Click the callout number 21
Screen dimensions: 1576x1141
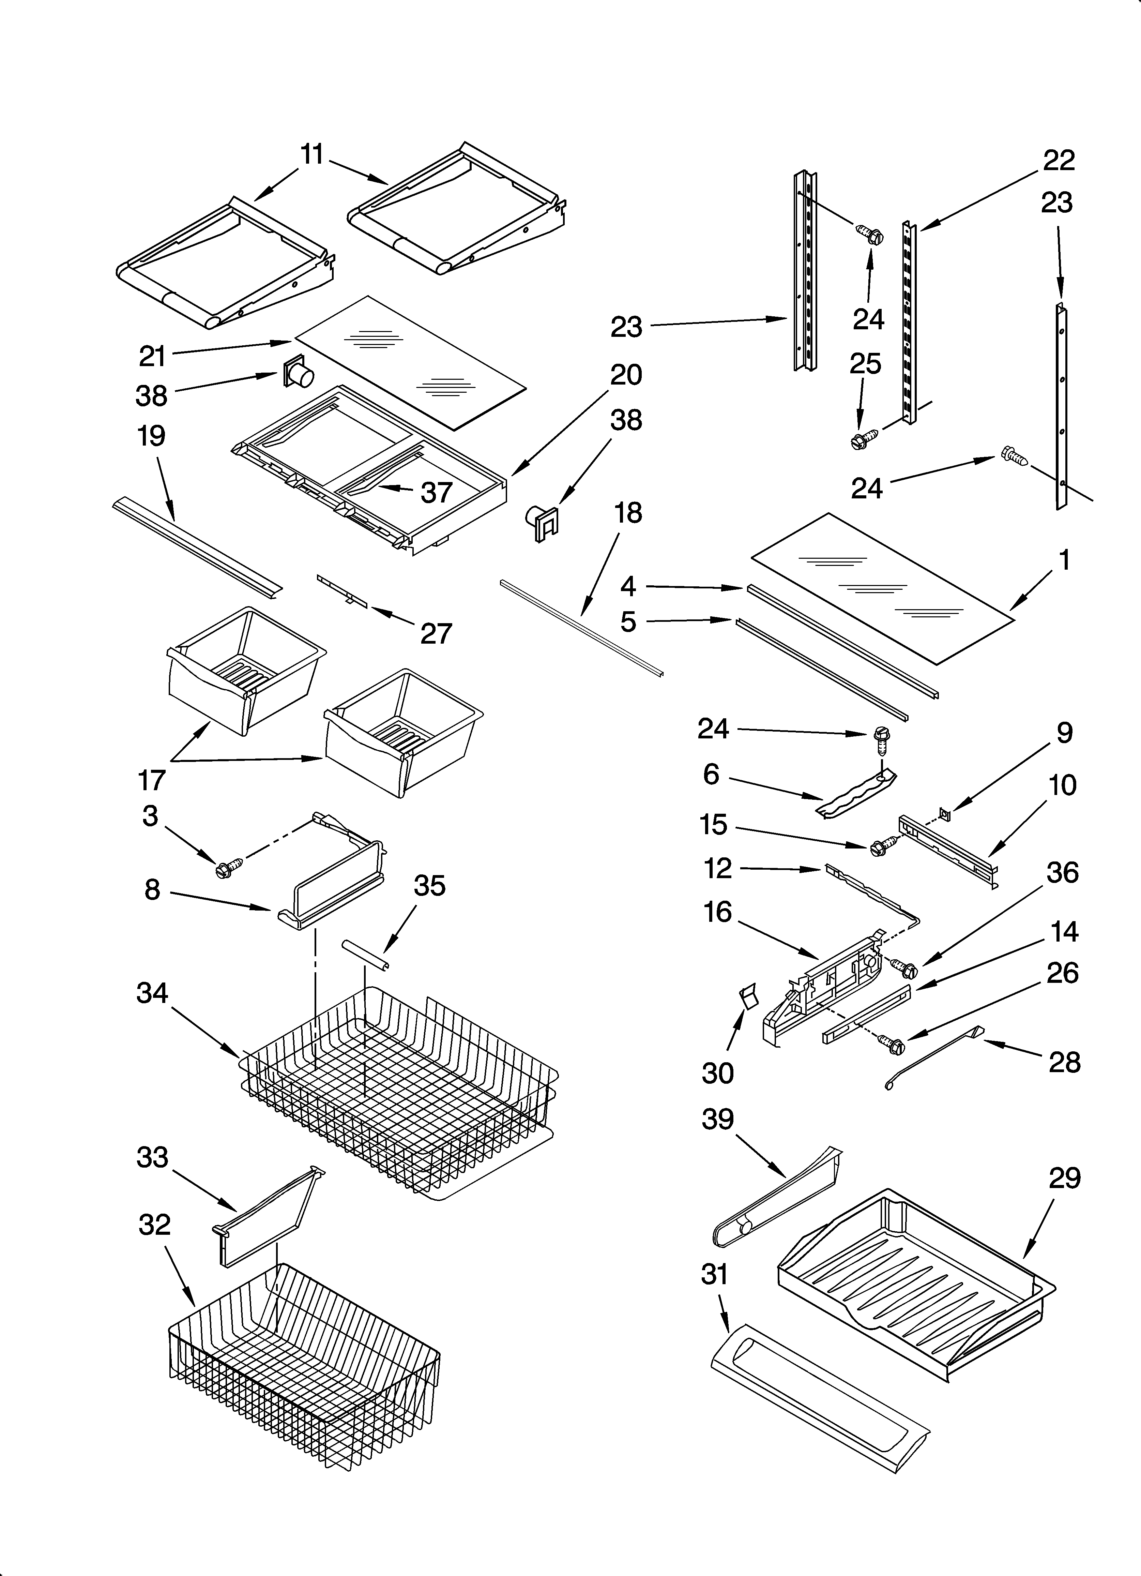[152, 357]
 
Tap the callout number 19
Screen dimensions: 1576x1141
[151, 436]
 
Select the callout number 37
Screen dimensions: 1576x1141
[436, 493]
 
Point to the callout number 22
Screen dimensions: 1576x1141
[1058, 161]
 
